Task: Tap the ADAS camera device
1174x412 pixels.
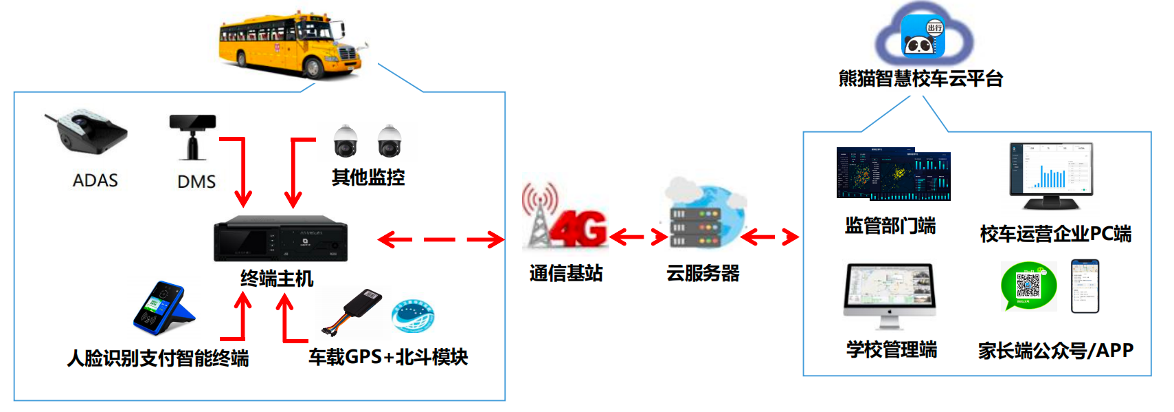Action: click(x=87, y=131)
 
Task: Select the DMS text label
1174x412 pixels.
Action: click(x=196, y=182)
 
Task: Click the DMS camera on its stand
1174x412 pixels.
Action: click(x=193, y=134)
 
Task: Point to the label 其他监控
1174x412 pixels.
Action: click(x=368, y=177)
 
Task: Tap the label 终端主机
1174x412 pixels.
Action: click(x=277, y=279)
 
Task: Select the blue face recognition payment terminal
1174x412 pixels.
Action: click(x=163, y=307)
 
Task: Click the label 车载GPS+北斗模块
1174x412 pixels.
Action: click(x=388, y=357)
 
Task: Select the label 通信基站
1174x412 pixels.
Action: click(x=566, y=273)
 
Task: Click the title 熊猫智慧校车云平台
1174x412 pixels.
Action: click(x=921, y=78)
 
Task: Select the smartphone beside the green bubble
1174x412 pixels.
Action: click(x=1085, y=286)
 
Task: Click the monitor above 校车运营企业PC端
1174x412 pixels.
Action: click(x=1051, y=175)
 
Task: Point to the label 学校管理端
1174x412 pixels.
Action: click(x=892, y=349)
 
